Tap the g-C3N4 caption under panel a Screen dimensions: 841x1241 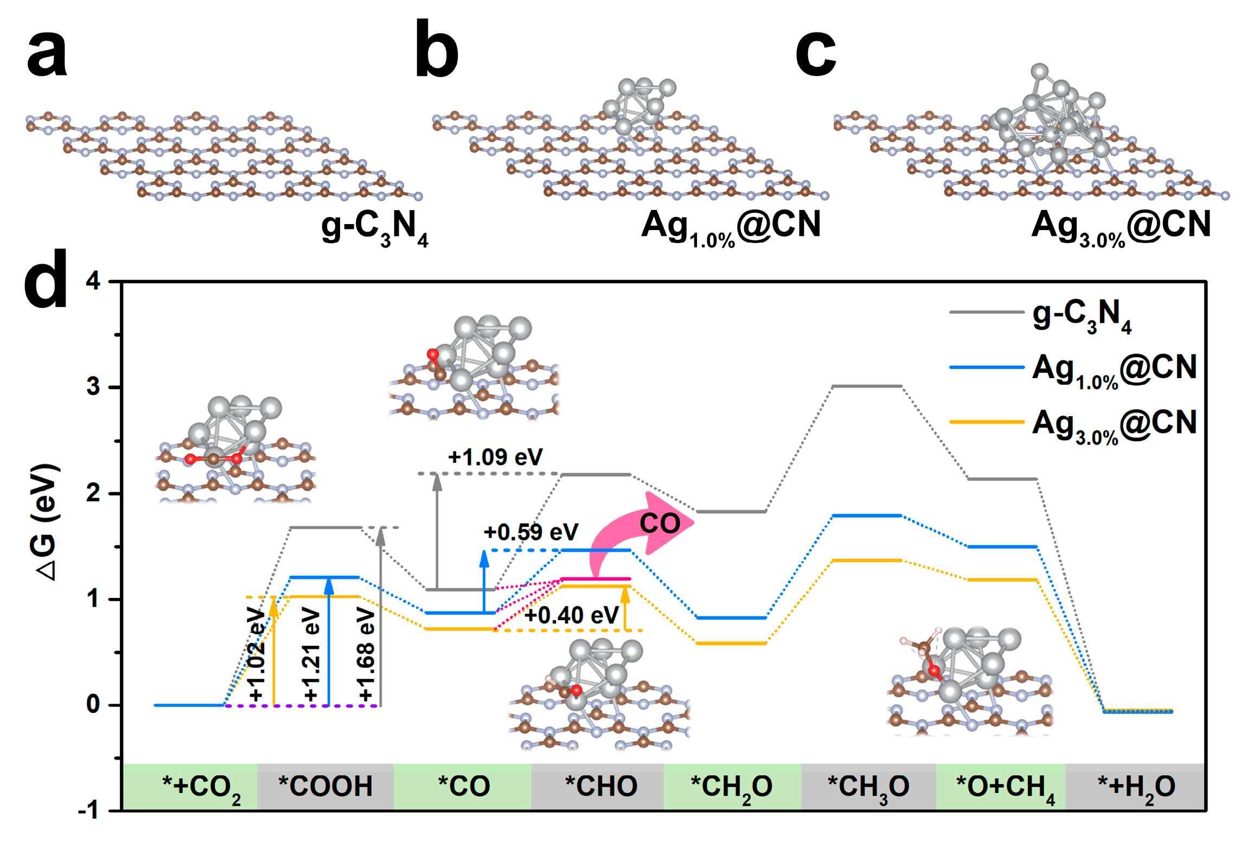pyautogui.click(x=374, y=227)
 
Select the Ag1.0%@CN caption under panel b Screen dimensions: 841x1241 pyautogui.click(x=731, y=227)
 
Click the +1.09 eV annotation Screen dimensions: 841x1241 pyautogui.click(x=495, y=457)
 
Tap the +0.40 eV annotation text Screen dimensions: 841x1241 pyautogui.click(x=571, y=615)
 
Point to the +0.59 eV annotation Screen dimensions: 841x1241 pyautogui.click(x=530, y=532)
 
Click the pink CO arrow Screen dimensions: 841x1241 pyautogui.click(x=640, y=526)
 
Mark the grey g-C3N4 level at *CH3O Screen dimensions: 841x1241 pyautogui.click(x=866, y=386)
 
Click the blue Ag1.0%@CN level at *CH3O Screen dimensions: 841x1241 pyautogui.click(x=866, y=515)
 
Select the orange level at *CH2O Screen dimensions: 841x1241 pyautogui.click(x=731, y=644)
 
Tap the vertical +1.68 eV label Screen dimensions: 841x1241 pyautogui.click(x=366, y=654)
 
